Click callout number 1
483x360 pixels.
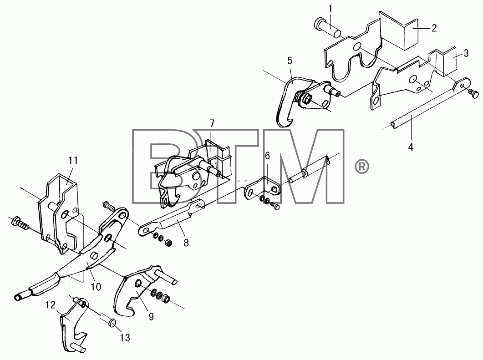click(330, 9)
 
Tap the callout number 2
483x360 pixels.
click(434, 28)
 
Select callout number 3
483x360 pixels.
click(466, 53)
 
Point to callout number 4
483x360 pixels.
click(411, 147)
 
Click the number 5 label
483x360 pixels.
click(290, 61)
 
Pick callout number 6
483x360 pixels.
click(267, 156)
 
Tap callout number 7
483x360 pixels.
click(212, 124)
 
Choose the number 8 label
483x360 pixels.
click(186, 243)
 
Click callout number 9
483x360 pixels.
click(151, 317)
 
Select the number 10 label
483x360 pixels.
click(96, 287)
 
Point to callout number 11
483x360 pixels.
click(73, 161)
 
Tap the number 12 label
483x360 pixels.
click(51, 305)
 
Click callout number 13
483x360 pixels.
click(125, 338)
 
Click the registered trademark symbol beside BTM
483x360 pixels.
click(362, 167)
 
